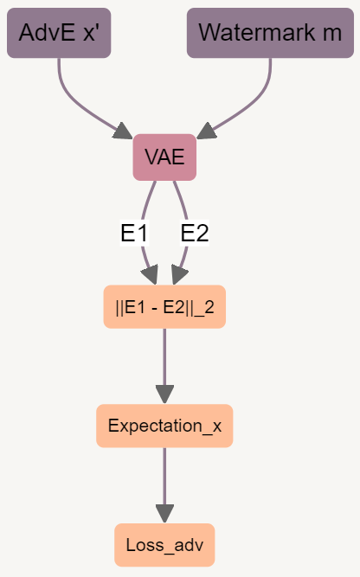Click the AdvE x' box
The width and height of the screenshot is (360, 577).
[x=59, y=33]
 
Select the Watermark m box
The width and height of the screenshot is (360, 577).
[x=271, y=33]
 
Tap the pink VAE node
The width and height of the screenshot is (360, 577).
[x=164, y=157]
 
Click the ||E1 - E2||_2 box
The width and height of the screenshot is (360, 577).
[x=164, y=306]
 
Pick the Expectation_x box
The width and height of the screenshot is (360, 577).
[x=164, y=426]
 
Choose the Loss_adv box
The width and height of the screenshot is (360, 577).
[x=164, y=545]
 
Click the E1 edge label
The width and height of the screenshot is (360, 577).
[x=134, y=233]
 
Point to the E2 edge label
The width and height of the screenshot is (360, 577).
[x=195, y=233]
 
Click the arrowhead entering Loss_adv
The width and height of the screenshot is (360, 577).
[x=164, y=514]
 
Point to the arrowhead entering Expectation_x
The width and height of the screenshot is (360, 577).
[x=164, y=394]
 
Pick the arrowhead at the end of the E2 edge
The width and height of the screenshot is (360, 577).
[x=179, y=275]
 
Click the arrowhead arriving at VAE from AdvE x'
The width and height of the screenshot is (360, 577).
[x=124, y=131]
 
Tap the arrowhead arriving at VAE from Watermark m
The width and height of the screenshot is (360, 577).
[x=207, y=131]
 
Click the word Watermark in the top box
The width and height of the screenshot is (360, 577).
[x=257, y=32]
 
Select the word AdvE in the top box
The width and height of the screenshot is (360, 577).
[x=47, y=32]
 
